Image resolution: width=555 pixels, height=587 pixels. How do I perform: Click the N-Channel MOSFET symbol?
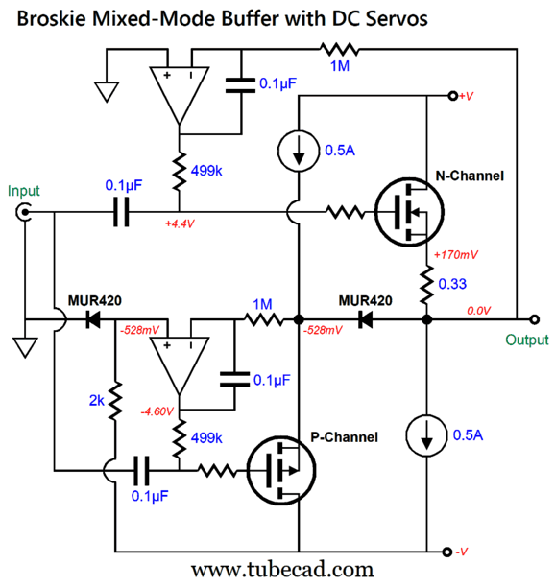[409, 212]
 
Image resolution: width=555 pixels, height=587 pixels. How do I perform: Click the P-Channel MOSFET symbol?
[281, 471]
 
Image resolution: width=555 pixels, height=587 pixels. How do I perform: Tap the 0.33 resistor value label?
[452, 284]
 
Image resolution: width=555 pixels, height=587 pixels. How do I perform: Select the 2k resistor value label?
[96, 401]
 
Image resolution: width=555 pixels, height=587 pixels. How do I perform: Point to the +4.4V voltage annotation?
[180, 223]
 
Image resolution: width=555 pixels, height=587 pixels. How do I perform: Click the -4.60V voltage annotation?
[157, 411]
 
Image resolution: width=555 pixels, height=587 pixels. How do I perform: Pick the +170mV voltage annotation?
[456, 255]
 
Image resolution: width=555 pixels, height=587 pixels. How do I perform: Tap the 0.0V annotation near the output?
[478, 311]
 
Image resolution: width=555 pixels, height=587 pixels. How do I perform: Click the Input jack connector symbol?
[24, 212]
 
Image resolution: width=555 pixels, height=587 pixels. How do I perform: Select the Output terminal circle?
[535, 319]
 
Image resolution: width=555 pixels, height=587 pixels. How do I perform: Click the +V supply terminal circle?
[453, 96]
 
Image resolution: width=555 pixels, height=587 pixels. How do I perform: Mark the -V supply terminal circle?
[446, 552]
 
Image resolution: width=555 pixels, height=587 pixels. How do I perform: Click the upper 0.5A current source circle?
[299, 151]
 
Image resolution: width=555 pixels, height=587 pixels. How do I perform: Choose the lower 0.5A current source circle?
[426, 435]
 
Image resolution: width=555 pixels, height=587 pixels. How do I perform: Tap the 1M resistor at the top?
[340, 49]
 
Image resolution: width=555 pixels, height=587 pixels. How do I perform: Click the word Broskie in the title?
[51, 18]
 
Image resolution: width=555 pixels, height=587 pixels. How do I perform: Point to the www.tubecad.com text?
[282, 570]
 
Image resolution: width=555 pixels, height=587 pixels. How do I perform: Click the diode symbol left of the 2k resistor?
[92, 320]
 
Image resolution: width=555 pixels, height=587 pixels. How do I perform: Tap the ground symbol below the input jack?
[25, 347]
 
